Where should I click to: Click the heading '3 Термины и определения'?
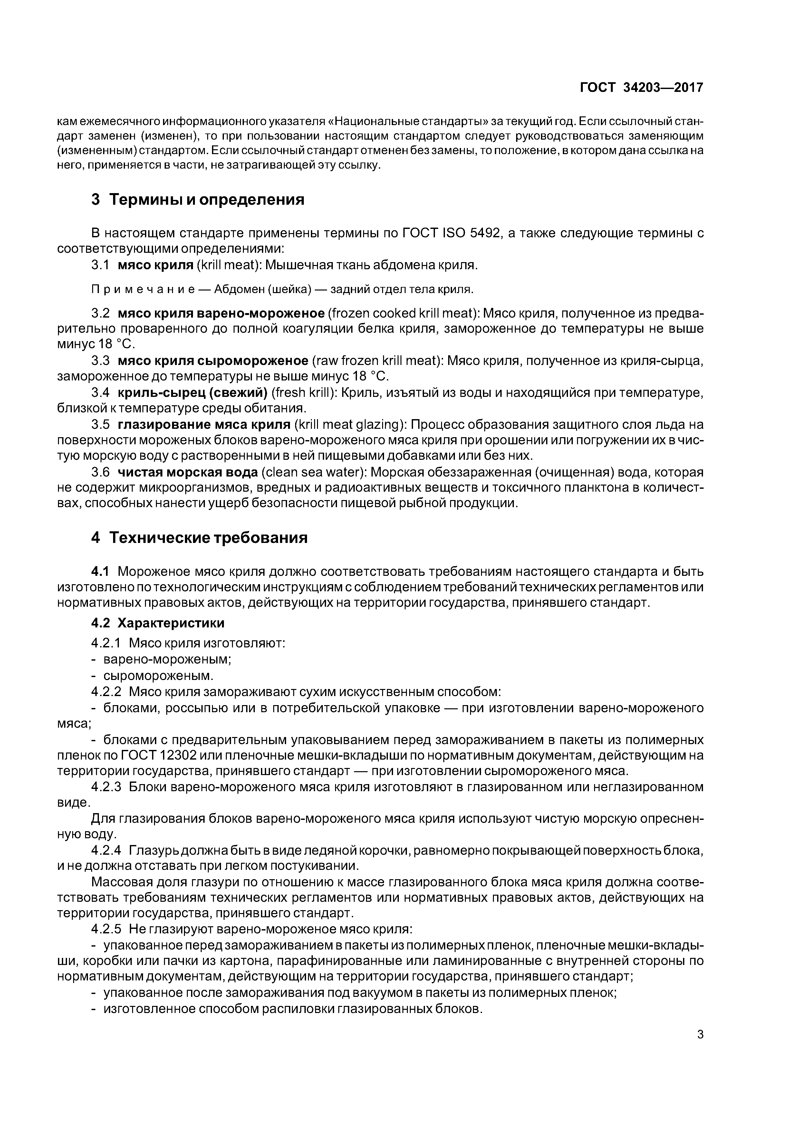(x=197, y=200)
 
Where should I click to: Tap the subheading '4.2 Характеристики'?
(x=158, y=623)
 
